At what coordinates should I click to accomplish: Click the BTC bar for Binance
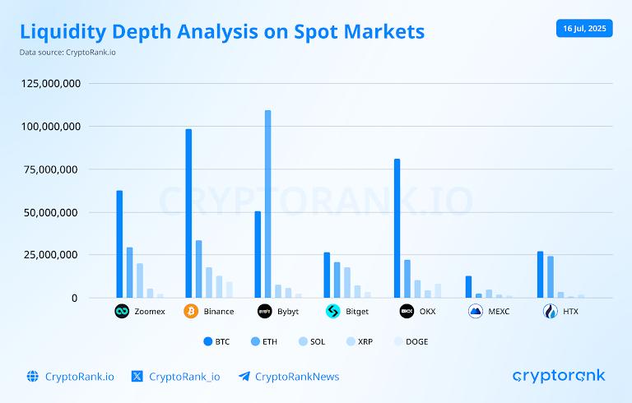point(188,213)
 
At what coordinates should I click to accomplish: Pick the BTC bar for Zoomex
point(119,243)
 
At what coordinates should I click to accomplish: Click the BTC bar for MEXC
point(468,286)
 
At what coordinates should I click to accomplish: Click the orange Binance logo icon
point(191,312)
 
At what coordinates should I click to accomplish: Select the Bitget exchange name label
point(357,312)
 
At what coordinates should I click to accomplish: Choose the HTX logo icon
point(550,312)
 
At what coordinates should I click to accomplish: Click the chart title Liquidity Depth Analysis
point(222,31)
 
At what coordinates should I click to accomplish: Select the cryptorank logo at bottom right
point(559,376)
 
